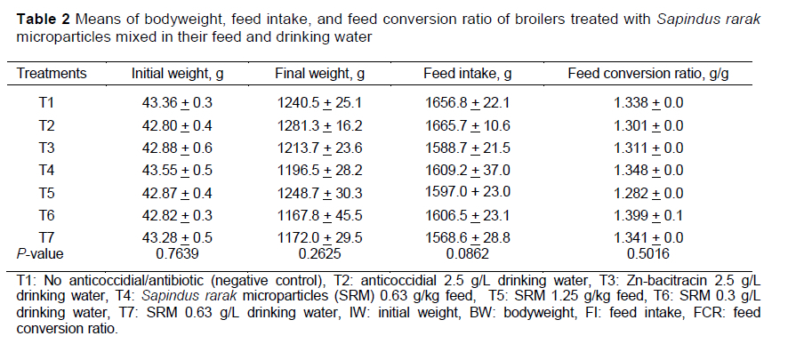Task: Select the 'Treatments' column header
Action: (x=52, y=73)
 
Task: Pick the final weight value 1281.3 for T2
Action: (x=312, y=125)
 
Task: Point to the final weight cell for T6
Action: (x=312, y=217)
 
